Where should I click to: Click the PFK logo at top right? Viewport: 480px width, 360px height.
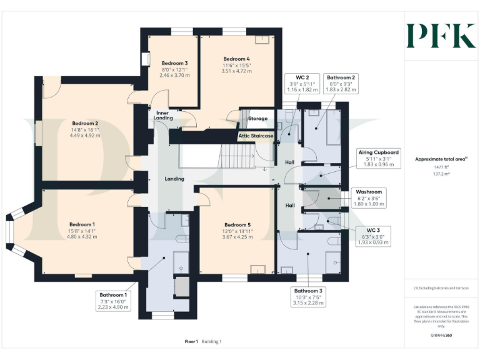(x=441, y=36)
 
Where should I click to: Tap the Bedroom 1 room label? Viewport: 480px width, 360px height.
(x=82, y=224)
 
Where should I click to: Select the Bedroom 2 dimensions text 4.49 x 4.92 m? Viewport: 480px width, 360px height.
(x=85, y=134)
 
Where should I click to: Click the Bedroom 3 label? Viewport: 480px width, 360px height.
(x=174, y=64)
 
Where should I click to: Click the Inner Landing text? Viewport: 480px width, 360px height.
(x=163, y=115)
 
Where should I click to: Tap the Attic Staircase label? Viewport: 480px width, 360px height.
(x=256, y=135)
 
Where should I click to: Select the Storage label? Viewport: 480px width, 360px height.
(x=257, y=118)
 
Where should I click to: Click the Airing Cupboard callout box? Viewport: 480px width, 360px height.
(x=378, y=159)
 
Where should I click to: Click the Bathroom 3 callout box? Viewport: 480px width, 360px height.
(x=308, y=296)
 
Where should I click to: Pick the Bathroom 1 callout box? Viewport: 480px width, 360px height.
(x=112, y=301)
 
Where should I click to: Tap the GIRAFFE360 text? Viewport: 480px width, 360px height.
(x=441, y=336)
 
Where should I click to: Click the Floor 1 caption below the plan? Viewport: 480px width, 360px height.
(x=191, y=342)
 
